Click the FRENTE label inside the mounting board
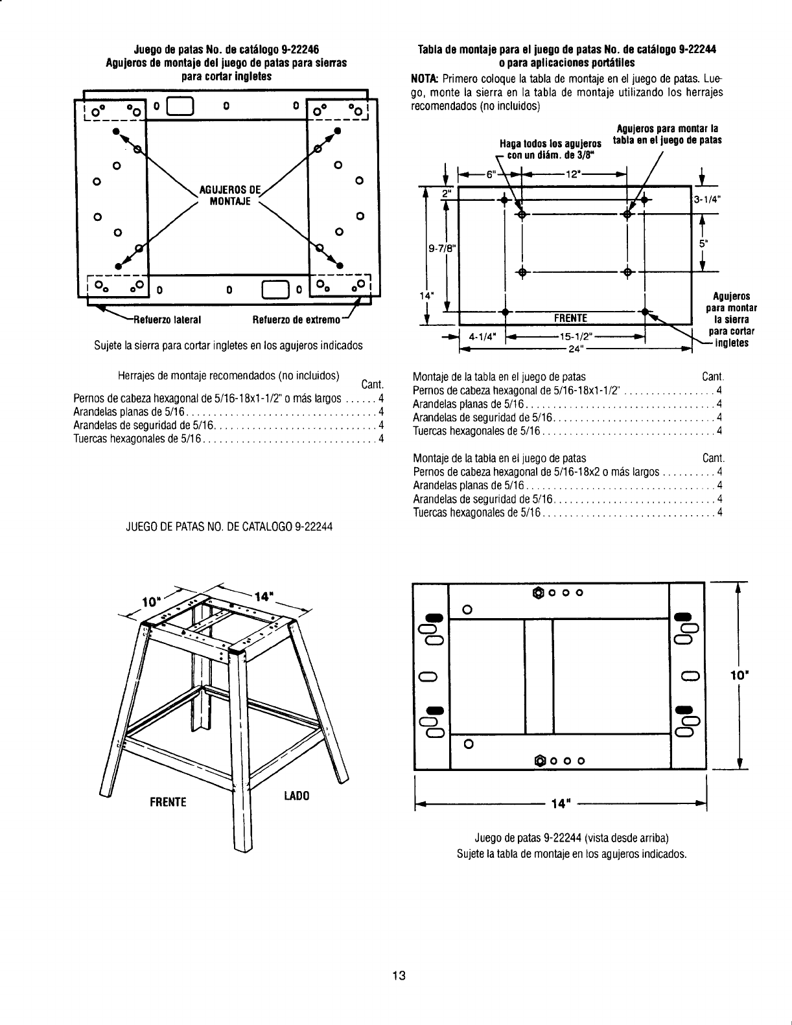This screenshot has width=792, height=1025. point(570,318)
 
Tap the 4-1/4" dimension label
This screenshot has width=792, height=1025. point(483,337)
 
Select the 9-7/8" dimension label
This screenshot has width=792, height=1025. point(440,247)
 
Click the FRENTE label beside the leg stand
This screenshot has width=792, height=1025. point(167,802)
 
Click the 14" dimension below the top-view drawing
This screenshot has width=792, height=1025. point(559,804)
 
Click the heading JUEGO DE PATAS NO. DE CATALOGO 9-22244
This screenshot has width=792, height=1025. point(229,527)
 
